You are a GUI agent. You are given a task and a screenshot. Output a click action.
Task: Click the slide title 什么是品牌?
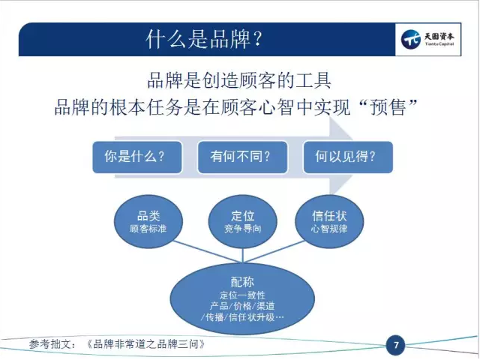(x=204, y=39)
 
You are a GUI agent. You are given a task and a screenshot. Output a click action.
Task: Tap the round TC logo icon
(x=410, y=39)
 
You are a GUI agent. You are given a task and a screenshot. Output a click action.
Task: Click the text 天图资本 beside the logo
(x=439, y=37)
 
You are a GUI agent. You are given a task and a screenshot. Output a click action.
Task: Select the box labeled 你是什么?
(x=137, y=157)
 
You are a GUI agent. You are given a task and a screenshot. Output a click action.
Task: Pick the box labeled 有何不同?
(x=242, y=157)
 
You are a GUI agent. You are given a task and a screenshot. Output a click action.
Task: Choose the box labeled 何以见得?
(x=348, y=157)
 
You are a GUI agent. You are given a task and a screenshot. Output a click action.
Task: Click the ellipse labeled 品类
(x=148, y=221)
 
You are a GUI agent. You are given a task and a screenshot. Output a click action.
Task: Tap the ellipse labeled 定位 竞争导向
(x=242, y=221)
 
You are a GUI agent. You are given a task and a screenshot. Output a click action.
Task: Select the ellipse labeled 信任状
(x=329, y=221)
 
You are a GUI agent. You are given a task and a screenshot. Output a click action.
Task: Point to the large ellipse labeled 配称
(x=242, y=298)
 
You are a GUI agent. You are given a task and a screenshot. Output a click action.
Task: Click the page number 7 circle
(x=395, y=345)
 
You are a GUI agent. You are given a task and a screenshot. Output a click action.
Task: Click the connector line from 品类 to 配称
(x=208, y=252)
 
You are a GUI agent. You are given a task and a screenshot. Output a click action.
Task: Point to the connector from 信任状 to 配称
(x=274, y=252)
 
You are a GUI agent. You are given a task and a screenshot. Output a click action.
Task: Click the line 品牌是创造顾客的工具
(x=239, y=80)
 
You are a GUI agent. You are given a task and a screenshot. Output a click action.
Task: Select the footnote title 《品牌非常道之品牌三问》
(x=145, y=344)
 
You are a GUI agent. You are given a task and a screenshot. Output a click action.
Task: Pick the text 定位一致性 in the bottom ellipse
(x=242, y=295)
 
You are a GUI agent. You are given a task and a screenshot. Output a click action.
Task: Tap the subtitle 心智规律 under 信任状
(x=329, y=229)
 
